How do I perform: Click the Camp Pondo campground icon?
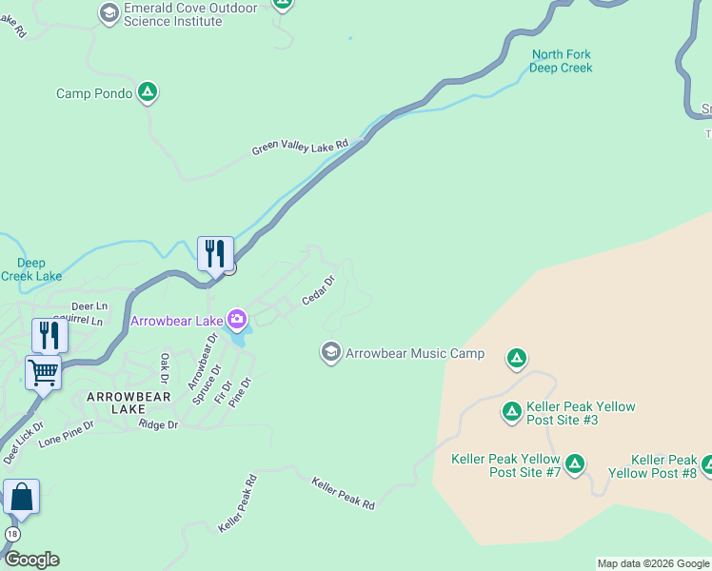(x=148, y=92)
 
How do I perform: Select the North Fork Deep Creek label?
(x=562, y=61)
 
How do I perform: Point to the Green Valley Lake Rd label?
(x=301, y=148)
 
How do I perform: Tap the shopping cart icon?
(x=44, y=372)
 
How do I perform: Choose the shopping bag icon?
(x=21, y=496)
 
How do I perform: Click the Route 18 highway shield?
(x=11, y=533)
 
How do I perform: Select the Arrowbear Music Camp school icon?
(x=330, y=353)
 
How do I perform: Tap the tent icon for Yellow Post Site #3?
(x=511, y=411)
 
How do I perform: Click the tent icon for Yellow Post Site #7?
(x=574, y=463)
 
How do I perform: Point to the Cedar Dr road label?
(x=319, y=291)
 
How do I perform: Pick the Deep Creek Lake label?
(x=31, y=269)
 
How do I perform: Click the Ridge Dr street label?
(x=158, y=424)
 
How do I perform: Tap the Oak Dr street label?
(x=165, y=364)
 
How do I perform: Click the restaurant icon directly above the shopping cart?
(x=49, y=335)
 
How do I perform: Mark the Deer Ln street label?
(x=89, y=306)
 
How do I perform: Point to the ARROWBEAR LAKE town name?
(x=129, y=403)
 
